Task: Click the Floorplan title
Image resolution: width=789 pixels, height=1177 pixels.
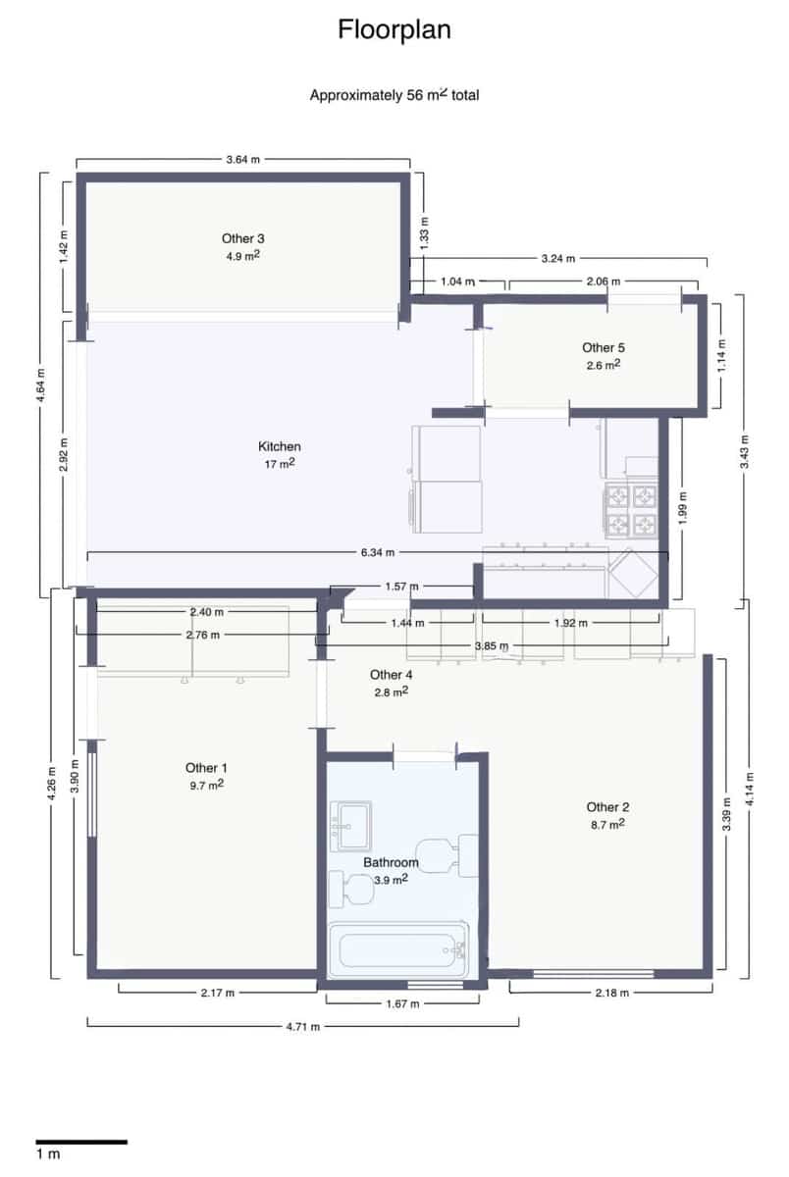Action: click(394, 30)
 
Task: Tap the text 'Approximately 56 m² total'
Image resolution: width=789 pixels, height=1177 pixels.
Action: click(394, 95)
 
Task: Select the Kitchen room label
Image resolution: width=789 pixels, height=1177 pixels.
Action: click(279, 446)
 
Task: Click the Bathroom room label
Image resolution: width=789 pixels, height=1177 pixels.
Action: click(391, 863)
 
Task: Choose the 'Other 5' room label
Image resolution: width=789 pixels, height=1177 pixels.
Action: click(604, 347)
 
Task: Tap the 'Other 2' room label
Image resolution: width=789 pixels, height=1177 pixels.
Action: click(607, 807)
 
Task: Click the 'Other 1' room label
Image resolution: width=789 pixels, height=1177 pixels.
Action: click(206, 767)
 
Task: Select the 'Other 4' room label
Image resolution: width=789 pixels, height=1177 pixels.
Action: click(391, 675)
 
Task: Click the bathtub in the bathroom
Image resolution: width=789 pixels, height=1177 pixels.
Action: click(397, 949)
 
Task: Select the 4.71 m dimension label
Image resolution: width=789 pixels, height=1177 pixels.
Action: click(302, 1026)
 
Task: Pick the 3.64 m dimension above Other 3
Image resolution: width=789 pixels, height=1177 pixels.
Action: click(243, 159)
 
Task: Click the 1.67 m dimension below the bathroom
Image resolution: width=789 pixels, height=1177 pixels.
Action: click(402, 1003)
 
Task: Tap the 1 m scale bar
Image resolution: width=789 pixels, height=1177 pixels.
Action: click(81, 1142)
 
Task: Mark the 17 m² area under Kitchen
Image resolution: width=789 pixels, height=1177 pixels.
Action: click(279, 464)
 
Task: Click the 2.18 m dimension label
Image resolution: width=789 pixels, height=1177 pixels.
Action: click(610, 993)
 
